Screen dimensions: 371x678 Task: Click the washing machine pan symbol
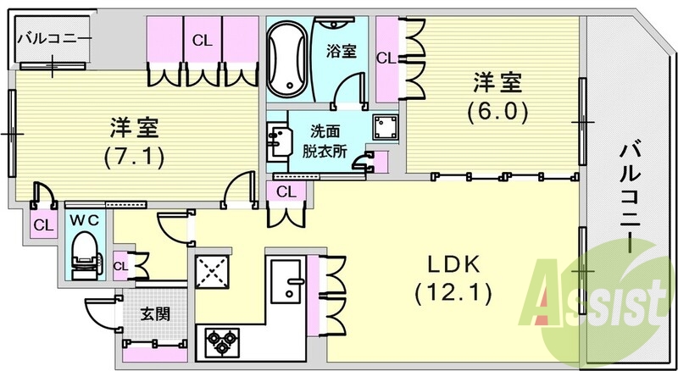click(x=386, y=129)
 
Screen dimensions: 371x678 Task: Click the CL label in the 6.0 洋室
click(x=386, y=58)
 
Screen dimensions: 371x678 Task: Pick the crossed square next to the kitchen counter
click(x=212, y=273)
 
